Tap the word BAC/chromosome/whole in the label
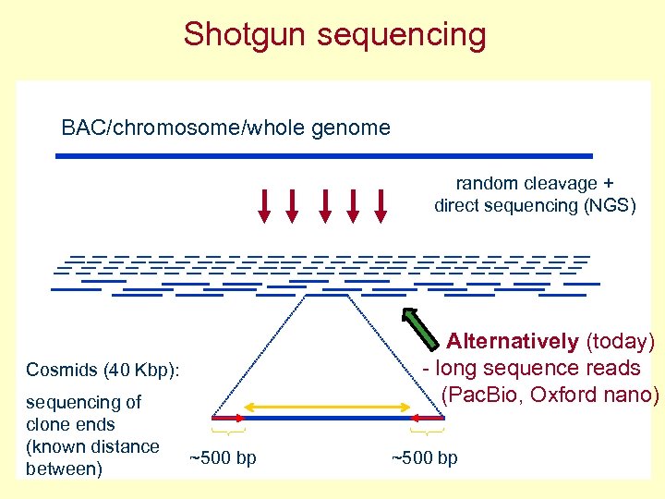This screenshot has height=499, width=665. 176,128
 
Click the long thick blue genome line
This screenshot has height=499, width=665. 323,156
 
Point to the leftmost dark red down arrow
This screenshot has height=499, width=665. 264,205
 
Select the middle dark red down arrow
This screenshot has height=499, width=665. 323,205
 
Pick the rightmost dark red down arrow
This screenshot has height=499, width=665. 380,205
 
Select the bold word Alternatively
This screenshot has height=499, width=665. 513,342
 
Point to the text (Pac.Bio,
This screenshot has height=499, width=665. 489,395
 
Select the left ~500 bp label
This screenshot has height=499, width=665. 223,458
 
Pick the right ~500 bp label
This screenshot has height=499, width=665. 424,458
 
